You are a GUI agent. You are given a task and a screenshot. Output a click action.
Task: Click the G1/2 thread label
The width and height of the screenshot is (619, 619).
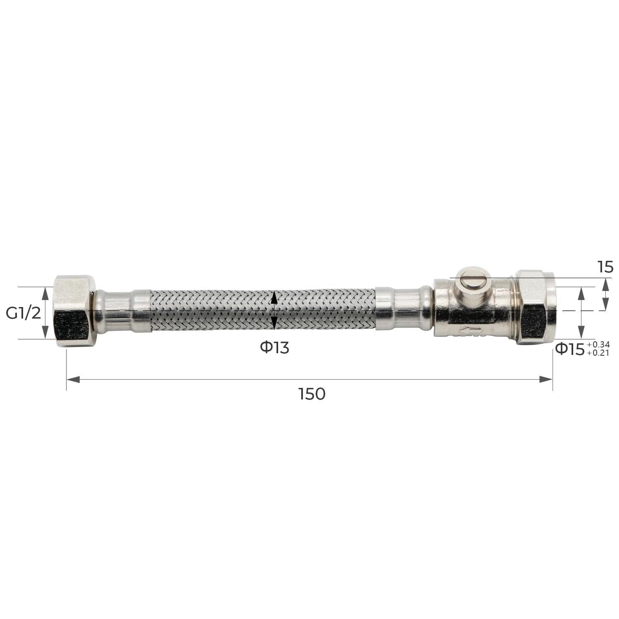point(24,313)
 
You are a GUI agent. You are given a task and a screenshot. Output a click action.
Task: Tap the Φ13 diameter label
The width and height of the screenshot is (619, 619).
point(274,348)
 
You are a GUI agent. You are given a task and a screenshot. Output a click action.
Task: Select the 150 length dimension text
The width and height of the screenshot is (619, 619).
point(312,394)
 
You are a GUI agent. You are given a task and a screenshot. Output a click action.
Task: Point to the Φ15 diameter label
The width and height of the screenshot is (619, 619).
point(570,349)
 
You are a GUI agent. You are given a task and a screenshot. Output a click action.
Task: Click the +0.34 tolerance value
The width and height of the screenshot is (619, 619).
point(598,344)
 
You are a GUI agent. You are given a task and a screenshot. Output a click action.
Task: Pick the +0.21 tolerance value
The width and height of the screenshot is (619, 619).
point(598,353)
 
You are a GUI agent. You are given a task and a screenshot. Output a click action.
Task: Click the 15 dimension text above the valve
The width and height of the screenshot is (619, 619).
point(606,267)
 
